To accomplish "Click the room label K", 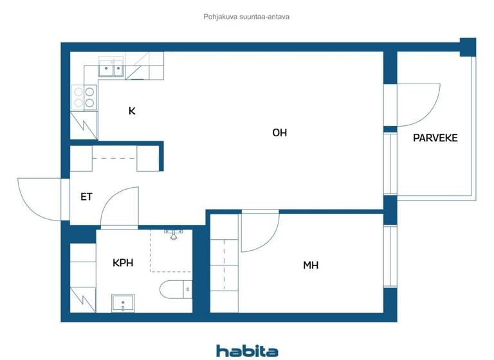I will pos(132,111).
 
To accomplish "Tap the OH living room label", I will pos(279,133).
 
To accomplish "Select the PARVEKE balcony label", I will pos(435,138).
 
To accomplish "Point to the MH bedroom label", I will pos(311,265).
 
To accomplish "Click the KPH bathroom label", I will pos(123,262).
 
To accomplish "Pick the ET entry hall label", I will pos(86,197).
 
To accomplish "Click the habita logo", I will pos(247,350).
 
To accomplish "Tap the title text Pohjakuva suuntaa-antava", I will pos(246,17).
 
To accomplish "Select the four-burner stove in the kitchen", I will pos(84,97).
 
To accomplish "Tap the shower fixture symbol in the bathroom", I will pos(173,233).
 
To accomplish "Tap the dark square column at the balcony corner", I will pos(468,46).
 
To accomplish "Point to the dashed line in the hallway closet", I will pos(114,158).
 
